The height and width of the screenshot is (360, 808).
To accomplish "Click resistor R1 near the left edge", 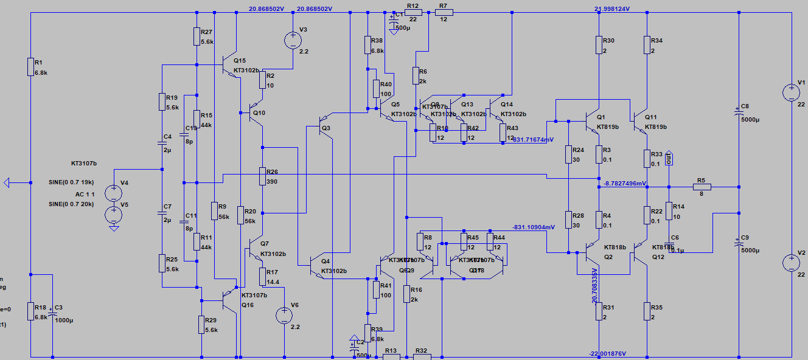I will tap(30, 66).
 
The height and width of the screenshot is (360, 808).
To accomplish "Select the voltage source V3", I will tap(293, 41).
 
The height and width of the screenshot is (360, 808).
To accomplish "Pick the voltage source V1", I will tap(791, 93).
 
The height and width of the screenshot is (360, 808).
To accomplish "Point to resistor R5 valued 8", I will tap(702, 187).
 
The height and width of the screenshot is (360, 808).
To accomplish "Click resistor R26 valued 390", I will tap(262, 176).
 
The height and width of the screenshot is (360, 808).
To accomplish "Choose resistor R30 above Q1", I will tap(599, 46).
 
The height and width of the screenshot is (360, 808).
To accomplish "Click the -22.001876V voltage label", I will tap(608, 353).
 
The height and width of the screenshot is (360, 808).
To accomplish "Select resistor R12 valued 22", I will tap(413, 12).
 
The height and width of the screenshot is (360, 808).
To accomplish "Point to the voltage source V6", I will tap(284, 315).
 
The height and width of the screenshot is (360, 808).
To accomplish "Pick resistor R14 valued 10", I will tap(669, 211).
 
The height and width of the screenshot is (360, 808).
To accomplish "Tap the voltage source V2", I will tap(791, 263).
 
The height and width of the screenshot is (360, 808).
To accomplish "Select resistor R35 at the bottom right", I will tap(647, 312).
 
